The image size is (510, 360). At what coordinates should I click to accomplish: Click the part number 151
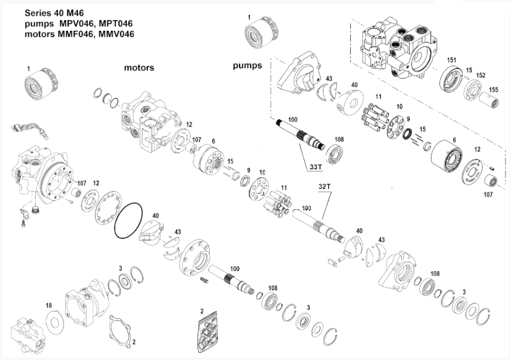click(x=451, y=60)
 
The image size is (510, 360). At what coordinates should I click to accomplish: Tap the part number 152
click(x=480, y=75)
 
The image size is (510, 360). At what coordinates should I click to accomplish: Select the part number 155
click(x=494, y=90)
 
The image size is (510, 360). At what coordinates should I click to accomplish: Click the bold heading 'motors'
click(x=139, y=68)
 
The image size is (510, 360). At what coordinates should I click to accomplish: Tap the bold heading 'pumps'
click(x=247, y=66)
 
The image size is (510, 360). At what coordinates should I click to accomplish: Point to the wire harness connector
click(x=27, y=130)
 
